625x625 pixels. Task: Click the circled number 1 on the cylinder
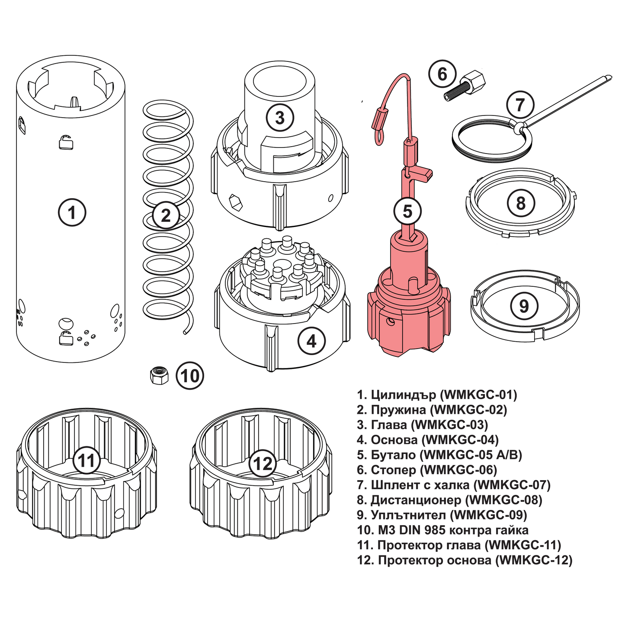click(x=72, y=212)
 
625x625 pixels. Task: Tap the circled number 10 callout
click(x=189, y=375)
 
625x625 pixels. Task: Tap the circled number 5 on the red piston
click(x=407, y=212)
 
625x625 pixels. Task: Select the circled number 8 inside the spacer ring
click(x=520, y=203)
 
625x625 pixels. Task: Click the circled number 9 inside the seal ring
click(x=523, y=306)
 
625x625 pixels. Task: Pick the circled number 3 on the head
click(x=279, y=117)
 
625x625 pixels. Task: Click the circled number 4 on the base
click(x=311, y=341)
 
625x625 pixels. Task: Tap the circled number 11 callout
click(x=87, y=460)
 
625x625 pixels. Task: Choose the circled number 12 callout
click(x=262, y=463)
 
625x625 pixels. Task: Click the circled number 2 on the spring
click(x=166, y=215)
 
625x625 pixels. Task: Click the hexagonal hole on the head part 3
click(x=235, y=202)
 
